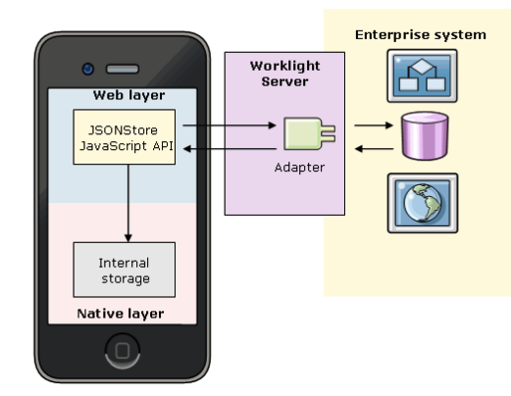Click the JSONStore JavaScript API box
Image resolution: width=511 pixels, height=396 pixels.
(125, 137)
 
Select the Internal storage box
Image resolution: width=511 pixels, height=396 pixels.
(125, 270)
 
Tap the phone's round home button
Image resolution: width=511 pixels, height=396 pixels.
(123, 351)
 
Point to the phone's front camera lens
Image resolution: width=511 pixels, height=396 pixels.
(88, 69)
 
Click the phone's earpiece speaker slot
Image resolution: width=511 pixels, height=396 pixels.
(123, 69)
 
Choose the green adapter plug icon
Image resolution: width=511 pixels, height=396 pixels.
(309, 133)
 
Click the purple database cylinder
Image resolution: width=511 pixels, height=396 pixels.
(425, 135)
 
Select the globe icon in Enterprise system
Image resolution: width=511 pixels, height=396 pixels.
(423, 203)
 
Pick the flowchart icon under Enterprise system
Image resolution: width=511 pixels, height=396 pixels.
(422, 75)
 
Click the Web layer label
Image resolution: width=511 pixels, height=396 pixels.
(128, 95)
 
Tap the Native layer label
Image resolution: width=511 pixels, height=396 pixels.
(121, 314)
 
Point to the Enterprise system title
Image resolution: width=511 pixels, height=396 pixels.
(421, 35)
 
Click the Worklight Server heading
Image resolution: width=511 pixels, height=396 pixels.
(284, 74)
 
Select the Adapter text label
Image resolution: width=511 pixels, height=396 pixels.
(299, 168)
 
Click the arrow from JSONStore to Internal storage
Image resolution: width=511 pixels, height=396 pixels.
(128, 203)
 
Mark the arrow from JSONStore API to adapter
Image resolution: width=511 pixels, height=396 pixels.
(230, 125)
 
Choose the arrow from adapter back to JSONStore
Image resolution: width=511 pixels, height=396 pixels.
(230, 149)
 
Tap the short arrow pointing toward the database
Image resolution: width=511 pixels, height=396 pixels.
(374, 125)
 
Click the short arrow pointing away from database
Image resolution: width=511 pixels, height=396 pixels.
(374, 149)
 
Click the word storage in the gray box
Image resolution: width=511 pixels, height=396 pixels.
(126, 279)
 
